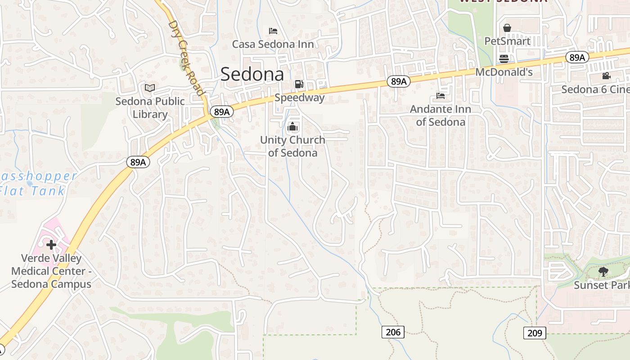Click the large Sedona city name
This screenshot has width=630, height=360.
click(252, 74)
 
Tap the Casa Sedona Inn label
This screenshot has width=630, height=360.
click(273, 44)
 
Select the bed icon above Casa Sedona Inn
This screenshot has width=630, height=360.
click(273, 31)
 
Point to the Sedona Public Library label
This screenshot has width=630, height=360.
click(150, 108)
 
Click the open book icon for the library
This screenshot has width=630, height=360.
click(150, 88)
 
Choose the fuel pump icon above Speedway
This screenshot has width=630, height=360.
click(299, 84)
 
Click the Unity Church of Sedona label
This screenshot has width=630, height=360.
click(292, 146)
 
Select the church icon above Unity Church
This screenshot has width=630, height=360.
click(292, 126)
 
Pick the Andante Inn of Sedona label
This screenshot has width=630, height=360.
click(441, 116)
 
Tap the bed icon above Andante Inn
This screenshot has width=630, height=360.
click(441, 96)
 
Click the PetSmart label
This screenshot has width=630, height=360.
click(507, 41)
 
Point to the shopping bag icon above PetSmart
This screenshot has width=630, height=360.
click(507, 28)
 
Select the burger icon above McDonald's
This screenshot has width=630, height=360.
click(504, 59)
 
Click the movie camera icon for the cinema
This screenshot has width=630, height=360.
click(606, 76)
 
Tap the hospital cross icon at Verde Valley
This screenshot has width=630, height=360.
click(51, 245)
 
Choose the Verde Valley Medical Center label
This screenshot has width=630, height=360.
click(51, 271)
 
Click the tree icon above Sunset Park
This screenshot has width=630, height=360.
click(603, 272)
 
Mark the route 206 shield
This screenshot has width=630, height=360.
click(393, 332)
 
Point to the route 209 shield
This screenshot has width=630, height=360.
click(535, 333)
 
